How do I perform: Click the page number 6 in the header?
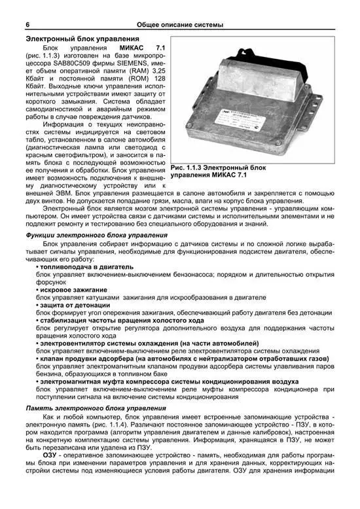(x=27, y=25)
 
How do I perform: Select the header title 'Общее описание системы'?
(x=181, y=25)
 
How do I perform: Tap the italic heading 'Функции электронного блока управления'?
(x=97, y=235)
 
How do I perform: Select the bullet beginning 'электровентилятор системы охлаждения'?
(x=149, y=343)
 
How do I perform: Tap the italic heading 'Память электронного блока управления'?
(x=96, y=408)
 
